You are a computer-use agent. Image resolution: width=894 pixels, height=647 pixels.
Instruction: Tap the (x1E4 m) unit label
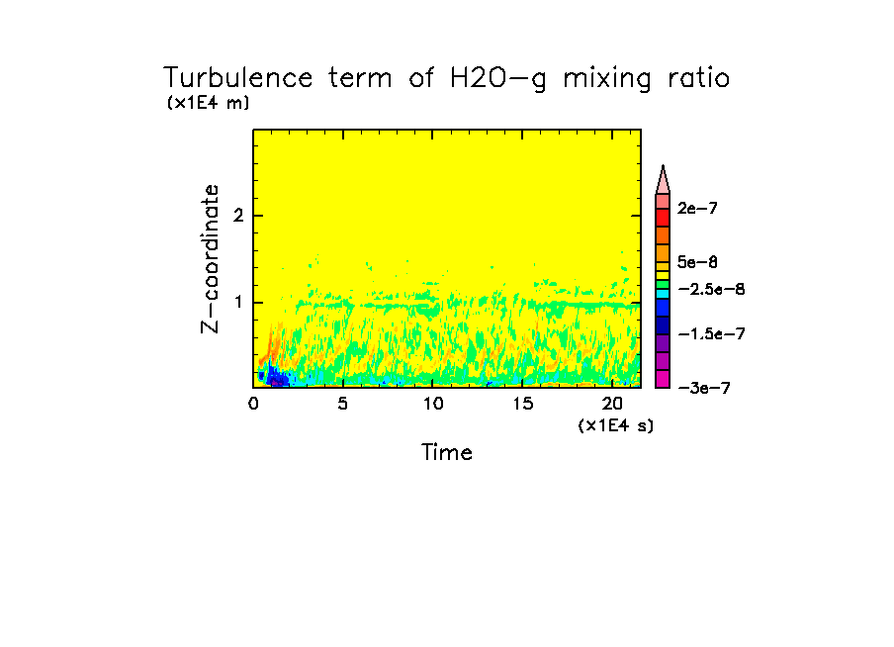(x=209, y=103)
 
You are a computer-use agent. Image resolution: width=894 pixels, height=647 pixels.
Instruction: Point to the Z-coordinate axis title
(x=210, y=257)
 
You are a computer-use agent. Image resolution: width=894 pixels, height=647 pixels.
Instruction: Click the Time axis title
(x=447, y=453)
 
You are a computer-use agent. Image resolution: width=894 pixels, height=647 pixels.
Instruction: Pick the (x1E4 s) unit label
(x=616, y=424)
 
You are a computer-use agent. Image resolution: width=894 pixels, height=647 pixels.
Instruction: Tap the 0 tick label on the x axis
(x=253, y=404)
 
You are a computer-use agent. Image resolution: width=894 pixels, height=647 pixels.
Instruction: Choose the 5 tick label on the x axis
(x=342, y=404)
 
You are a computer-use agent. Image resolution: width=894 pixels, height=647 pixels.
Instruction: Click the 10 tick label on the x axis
(x=432, y=404)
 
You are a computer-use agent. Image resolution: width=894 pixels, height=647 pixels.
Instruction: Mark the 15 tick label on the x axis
(x=522, y=404)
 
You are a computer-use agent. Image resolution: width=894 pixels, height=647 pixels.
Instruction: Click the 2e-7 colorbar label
(x=697, y=209)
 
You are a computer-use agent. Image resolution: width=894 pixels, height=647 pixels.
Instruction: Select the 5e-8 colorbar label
(x=697, y=262)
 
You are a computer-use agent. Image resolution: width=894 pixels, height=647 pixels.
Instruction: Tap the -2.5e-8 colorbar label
(x=710, y=288)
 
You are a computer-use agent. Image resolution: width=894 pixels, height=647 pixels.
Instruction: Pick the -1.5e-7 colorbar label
(x=710, y=334)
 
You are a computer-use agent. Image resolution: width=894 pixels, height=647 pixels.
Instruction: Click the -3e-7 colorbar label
(x=704, y=388)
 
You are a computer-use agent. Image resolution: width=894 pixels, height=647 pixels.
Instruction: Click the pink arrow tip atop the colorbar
(x=664, y=179)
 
